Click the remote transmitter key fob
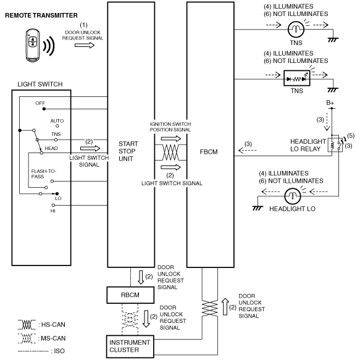[33, 45]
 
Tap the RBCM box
[130, 295]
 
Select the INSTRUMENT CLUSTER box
[130, 346]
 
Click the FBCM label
[209, 152]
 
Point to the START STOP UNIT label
[128, 151]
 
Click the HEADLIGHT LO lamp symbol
[292, 196]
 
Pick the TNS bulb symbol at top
[296, 29]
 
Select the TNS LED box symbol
[296, 78]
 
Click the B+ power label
[330, 103]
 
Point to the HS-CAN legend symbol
[27, 324]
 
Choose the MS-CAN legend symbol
[27, 338]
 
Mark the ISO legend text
[59, 351]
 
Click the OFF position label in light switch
[40, 103]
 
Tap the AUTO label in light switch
[57, 121]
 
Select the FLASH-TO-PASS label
[43, 174]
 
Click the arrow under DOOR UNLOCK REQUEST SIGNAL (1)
[85, 45]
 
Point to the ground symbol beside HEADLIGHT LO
[257, 207]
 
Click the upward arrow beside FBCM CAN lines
[225, 307]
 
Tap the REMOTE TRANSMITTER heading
[41, 15]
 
